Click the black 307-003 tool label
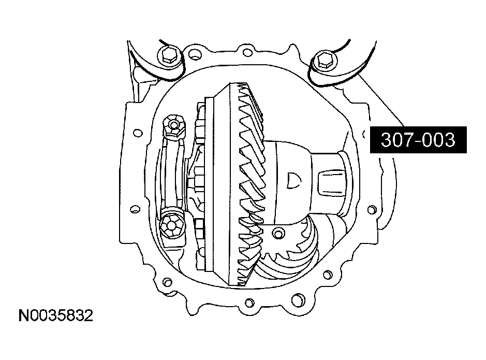(x=418, y=140)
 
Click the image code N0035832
(x=56, y=316)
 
